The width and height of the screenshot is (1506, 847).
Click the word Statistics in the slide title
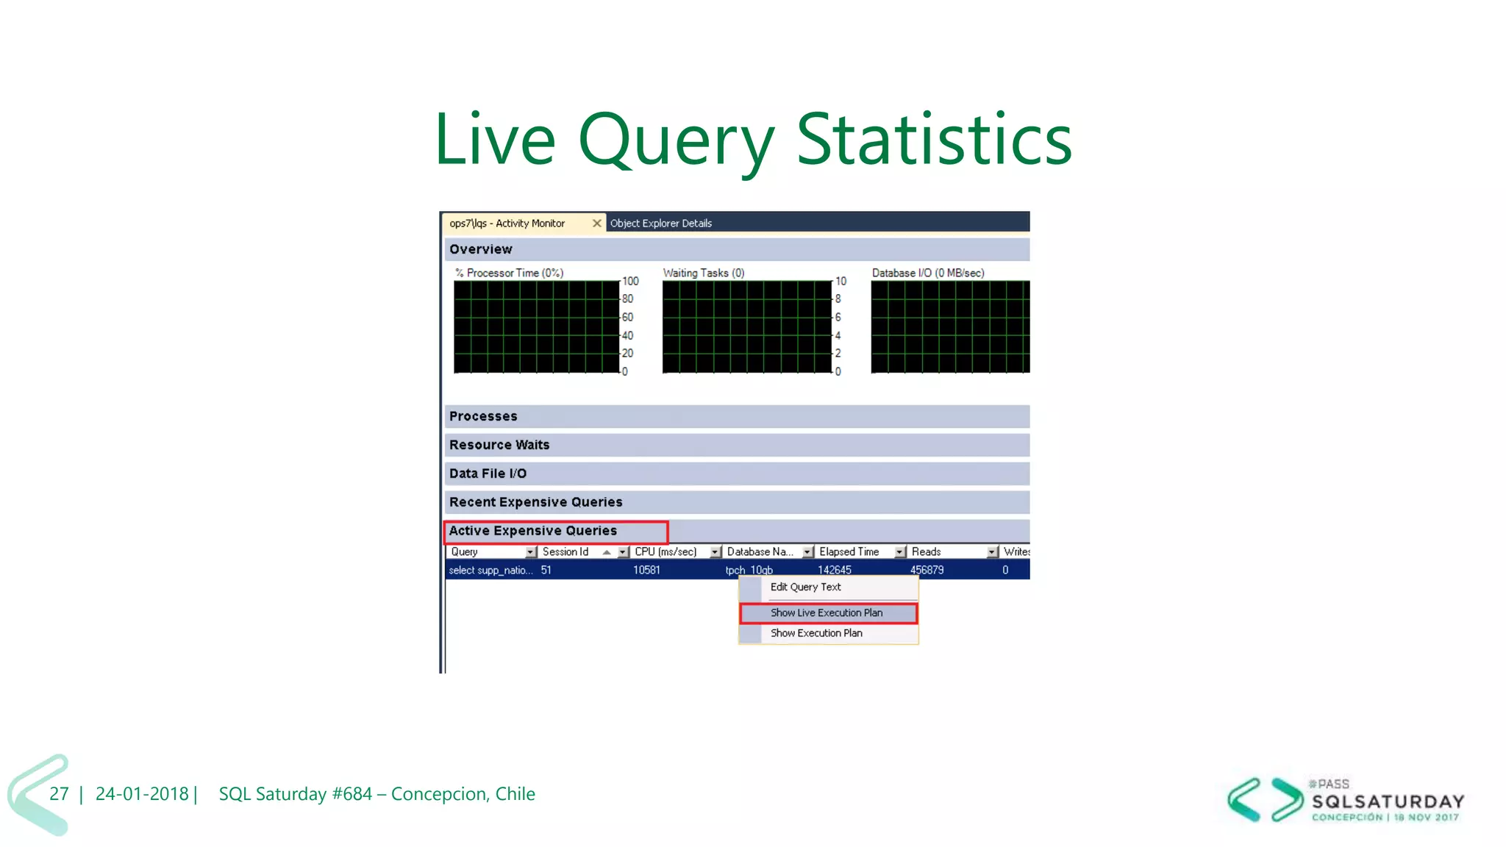point(934,139)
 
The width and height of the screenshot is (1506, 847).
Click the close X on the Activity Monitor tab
point(597,223)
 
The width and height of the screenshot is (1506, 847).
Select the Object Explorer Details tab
point(660,224)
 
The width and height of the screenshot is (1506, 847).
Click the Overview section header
point(481,249)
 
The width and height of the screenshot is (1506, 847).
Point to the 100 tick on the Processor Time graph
point(630,281)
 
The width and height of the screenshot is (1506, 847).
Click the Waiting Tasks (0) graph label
point(704,273)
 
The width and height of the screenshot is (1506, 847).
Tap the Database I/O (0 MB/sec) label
point(927,273)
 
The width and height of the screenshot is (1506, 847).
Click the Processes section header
point(483,416)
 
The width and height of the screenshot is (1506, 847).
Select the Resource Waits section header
point(499,445)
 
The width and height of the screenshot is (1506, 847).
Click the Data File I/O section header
point(488,473)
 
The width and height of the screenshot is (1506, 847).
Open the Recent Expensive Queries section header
point(535,502)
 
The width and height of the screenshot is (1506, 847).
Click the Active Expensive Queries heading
point(533,531)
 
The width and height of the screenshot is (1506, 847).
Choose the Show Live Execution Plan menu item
point(826,612)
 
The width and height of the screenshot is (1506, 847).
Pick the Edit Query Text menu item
point(805,587)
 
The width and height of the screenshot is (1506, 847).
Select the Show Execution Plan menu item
point(816,633)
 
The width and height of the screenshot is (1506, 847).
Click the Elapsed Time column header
point(849,551)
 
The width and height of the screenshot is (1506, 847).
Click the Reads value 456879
point(927,570)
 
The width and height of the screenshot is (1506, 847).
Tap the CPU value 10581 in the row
point(646,570)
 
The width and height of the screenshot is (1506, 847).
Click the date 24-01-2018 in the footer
point(142,794)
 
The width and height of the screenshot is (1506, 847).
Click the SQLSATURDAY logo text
point(1388,801)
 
